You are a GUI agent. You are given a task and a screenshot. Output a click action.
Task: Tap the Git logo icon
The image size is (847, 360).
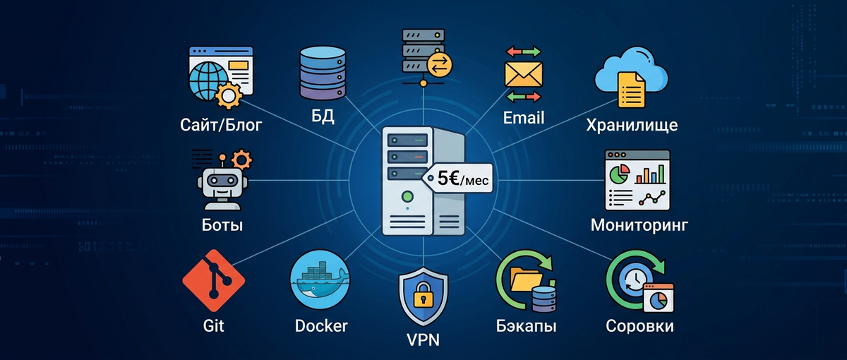point(213,280)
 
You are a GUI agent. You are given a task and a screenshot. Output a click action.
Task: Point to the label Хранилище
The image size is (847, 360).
point(632,126)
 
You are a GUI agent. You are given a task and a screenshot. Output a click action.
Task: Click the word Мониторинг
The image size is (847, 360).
point(639,226)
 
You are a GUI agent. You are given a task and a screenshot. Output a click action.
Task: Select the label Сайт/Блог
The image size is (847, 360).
point(221,126)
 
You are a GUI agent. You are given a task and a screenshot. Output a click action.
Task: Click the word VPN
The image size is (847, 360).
point(423,340)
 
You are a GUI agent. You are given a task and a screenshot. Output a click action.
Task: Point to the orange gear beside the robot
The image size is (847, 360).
point(241,157)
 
